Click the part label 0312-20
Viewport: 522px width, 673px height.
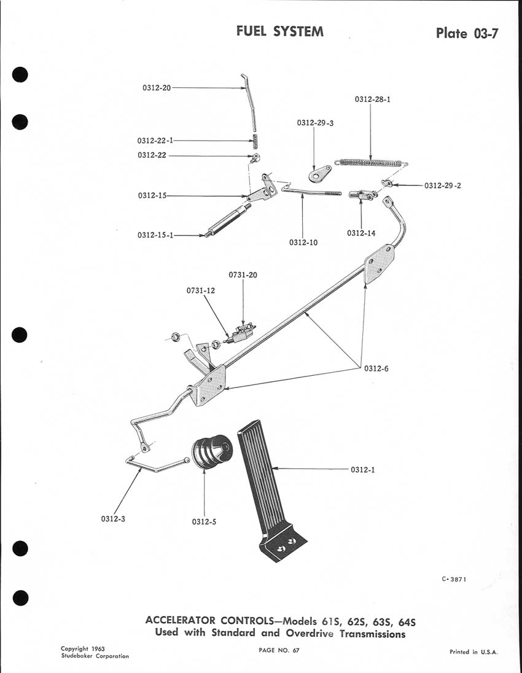coord(157,88)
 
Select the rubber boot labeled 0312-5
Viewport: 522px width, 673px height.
coord(210,458)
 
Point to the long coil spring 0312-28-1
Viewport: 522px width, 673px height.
coord(370,163)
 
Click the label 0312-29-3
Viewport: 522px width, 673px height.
coord(315,123)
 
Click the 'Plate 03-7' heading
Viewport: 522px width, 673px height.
coord(466,33)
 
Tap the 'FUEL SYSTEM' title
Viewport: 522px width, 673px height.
coord(280,31)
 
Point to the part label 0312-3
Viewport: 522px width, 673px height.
coord(114,518)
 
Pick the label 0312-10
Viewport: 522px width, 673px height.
coord(303,243)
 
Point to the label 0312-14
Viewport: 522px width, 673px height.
coord(360,233)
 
